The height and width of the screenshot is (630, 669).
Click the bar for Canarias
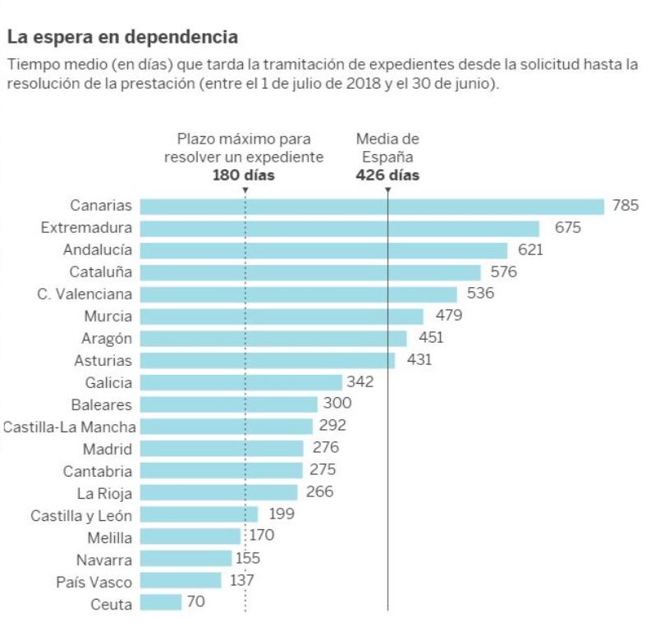[371, 206]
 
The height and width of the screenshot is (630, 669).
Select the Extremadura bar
[339, 228]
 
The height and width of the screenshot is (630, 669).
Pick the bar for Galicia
[241, 382]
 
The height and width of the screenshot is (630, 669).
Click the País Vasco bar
[181, 581]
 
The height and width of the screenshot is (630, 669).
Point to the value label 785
[625, 206]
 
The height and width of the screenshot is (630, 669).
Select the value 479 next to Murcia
[448, 316]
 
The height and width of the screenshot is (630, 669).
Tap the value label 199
[282, 514]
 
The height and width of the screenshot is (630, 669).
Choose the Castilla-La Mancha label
[70, 427]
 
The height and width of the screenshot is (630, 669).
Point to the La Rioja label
[104, 493]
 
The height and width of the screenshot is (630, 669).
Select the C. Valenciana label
[85, 294]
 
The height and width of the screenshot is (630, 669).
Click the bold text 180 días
[244, 175]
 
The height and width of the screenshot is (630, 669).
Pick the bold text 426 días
[387, 175]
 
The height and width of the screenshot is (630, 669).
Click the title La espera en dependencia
[122, 37]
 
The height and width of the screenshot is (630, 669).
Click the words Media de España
[387, 148]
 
